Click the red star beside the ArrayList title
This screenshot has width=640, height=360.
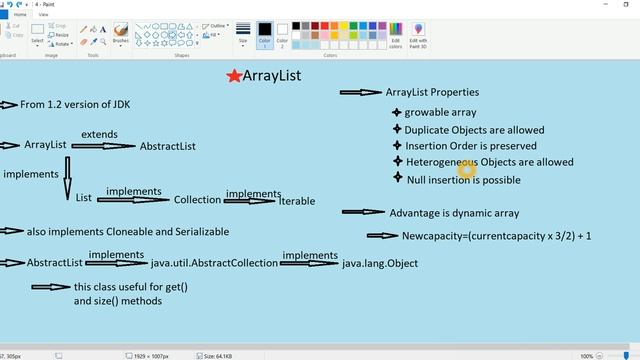[234, 76]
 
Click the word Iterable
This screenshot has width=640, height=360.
[297, 201]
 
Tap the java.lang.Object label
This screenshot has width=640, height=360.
[380, 263]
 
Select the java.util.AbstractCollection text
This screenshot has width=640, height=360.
[214, 263]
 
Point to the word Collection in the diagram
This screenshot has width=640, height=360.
[197, 200]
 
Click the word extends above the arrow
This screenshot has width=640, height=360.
[99, 134]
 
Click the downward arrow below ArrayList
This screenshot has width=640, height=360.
[68, 176]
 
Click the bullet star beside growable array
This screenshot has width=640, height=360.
[396, 113]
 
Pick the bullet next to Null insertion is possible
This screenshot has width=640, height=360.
[397, 178]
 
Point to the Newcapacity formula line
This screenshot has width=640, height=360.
[496, 236]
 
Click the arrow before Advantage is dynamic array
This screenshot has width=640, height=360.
[363, 212]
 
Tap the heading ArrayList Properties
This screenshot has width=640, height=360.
[432, 92]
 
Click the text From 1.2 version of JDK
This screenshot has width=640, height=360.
[75, 104]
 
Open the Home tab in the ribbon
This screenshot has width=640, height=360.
[20, 15]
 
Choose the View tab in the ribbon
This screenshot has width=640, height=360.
[43, 15]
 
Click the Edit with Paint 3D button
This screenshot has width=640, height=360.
[417, 36]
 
